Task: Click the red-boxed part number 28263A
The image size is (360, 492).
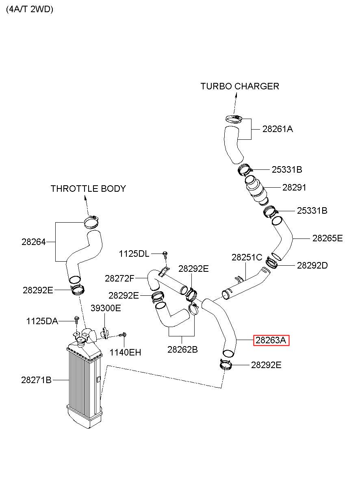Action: click(271, 340)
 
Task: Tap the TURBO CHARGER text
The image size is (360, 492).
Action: click(240, 86)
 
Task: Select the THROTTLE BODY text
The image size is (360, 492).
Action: click(88, 189)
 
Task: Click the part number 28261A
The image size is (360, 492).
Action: click(278, 129)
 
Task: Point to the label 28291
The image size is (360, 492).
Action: click(294, 188)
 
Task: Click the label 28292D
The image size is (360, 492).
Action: click(312, 266)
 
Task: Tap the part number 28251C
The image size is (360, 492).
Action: click(247, 258)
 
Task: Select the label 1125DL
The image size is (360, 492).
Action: click(134, 254)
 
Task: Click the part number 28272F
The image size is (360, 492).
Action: click(119, 279)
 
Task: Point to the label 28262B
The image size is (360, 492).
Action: click(182, 349)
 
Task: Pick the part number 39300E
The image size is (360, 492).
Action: click(106, 308)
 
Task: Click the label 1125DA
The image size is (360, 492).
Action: click(42, 321)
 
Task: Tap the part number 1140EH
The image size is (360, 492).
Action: click(126, 353)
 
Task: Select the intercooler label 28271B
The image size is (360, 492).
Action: click(36, 380)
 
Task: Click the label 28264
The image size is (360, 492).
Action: click(34, 242)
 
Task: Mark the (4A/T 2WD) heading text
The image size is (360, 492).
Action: click(30, 9)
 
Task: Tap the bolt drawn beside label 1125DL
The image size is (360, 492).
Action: click(165, 254)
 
